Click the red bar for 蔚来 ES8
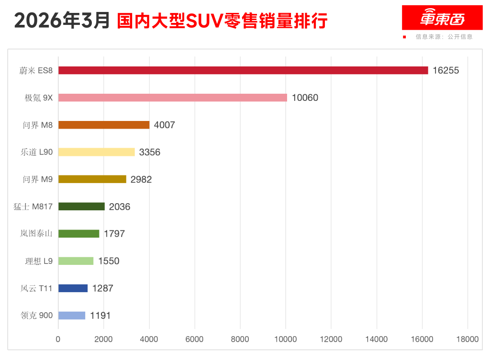[x=243, y=70]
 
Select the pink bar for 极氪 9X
[x=173, y=98]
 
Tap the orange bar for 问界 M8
[x=104, y=125]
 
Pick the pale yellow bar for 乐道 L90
[x=97, y=152]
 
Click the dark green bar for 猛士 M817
[x=81, y=207]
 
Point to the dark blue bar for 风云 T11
[x=73, y=288]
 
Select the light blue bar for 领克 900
[x=72, y=316]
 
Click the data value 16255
[x=445, y=70]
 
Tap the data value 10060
[x=305, y=98]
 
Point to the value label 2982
[x=141, y=179]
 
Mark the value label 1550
[x=109, y=261]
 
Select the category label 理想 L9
[x=39, y=261]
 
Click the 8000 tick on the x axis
[x=240, y=339]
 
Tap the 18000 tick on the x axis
[x=467, y=339]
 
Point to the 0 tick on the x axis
[x=58, y=339]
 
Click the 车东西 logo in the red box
[x=442, y=18]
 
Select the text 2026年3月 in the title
[x=63, y=21]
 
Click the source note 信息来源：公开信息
[x=444, y=37]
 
